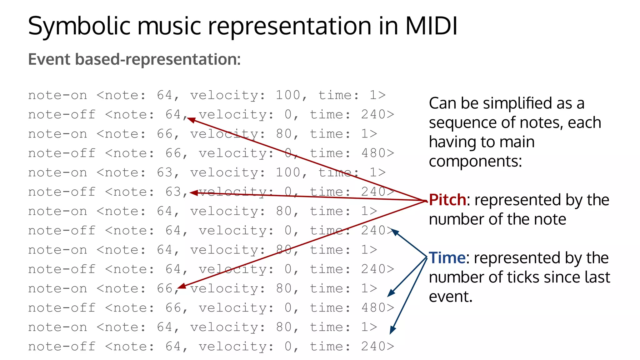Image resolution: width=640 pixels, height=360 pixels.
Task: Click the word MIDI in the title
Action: point(431,26)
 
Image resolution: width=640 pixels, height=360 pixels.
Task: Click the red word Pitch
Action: point(447,200)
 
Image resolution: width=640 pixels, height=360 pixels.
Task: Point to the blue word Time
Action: point(447,258)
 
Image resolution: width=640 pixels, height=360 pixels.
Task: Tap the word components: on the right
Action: point(475,161)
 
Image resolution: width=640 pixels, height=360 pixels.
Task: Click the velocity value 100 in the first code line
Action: point(288,95)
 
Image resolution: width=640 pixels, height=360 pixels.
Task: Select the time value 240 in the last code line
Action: point(374,346)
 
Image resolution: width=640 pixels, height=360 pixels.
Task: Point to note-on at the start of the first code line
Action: point(57,95)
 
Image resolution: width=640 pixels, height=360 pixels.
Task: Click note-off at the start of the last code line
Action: point(62,346)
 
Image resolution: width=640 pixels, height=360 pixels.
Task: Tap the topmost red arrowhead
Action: point(191,120)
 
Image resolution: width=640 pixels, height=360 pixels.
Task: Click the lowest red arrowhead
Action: point(181,286)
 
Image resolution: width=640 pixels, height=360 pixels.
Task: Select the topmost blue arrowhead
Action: point(395,232)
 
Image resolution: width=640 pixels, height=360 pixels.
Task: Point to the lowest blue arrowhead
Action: point(392,331)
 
